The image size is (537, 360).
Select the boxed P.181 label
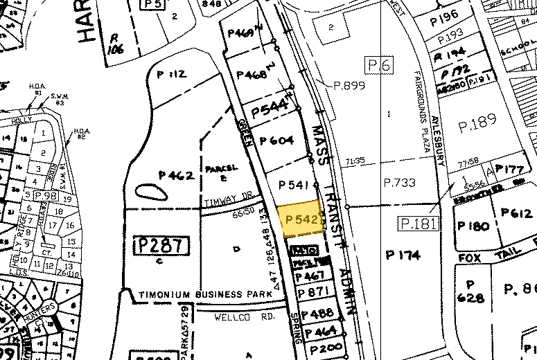click(x=419, y=224)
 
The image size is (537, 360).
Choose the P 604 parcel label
click(x=276, y=140)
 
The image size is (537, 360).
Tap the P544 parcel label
click(x=270, y=109)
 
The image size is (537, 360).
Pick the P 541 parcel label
click(x=292, y=185)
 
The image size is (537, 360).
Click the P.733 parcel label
click(x=398, y=182)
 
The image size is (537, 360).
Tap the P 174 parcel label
click(x=403, y=255)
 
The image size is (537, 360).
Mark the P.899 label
click(x=349, y=86)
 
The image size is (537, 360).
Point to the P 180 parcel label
click(x=473, y=226)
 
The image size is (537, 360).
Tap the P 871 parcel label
click(x=312, y=294)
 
